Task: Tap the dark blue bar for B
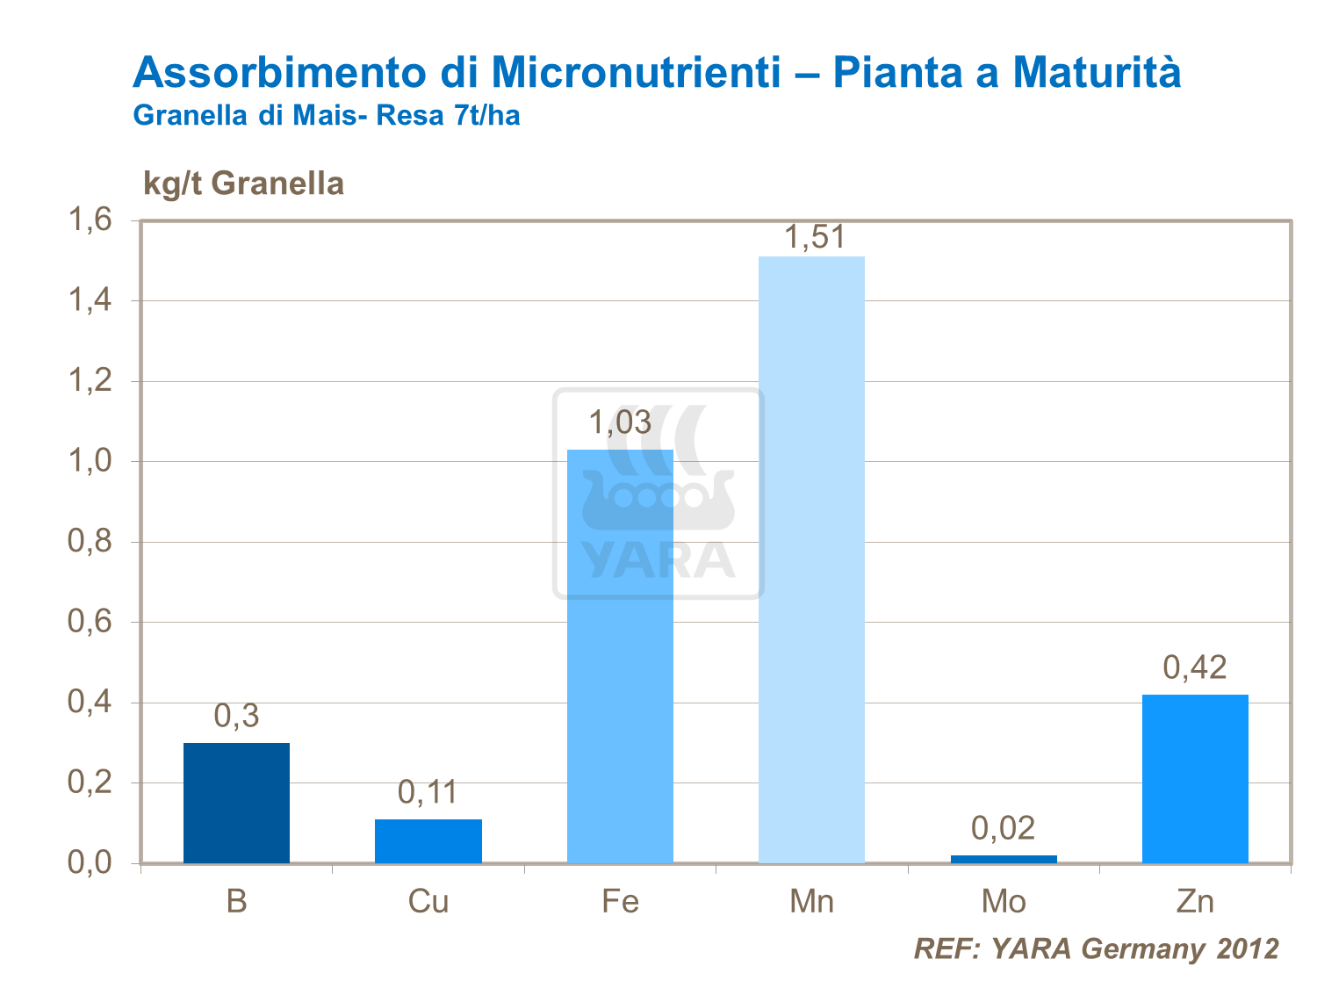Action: [236, 803]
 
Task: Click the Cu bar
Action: [428, 840]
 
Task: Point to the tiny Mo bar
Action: [1004, 859]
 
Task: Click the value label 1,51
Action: [813, 237]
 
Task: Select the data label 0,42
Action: [1195, 668]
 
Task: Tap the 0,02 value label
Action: [1004, 828]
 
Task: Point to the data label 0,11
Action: [428, 792]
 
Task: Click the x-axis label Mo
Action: [1004, 902]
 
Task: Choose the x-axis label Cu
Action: [428, 902]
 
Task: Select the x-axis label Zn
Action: [1195, 902]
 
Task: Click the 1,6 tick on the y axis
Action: [90, 220]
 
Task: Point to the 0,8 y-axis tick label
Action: [90, 541]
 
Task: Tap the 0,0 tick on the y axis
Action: [90, 862]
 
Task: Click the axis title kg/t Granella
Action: [243, 184]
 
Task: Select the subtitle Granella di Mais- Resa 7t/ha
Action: [326, 115]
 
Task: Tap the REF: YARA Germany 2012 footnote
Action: [1096, 948]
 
